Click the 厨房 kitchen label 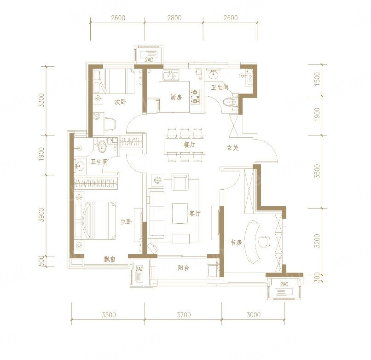[176, 97]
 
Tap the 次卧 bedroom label [120, 102]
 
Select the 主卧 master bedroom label [126, 222]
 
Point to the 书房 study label [236, 243]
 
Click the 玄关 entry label [232, 148]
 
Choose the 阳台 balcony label [183, 268]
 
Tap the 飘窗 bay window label [110, 259]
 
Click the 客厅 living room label [195, 214]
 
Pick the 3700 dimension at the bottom [184, 315]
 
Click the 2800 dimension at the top [174, 18]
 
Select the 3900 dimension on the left [41, 215]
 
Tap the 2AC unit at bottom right [284, 288]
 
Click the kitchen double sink [171, 75]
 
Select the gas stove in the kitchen [195, 97]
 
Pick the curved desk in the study [251, 241]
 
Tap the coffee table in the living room [180, 213]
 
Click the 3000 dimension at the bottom [254, 315]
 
